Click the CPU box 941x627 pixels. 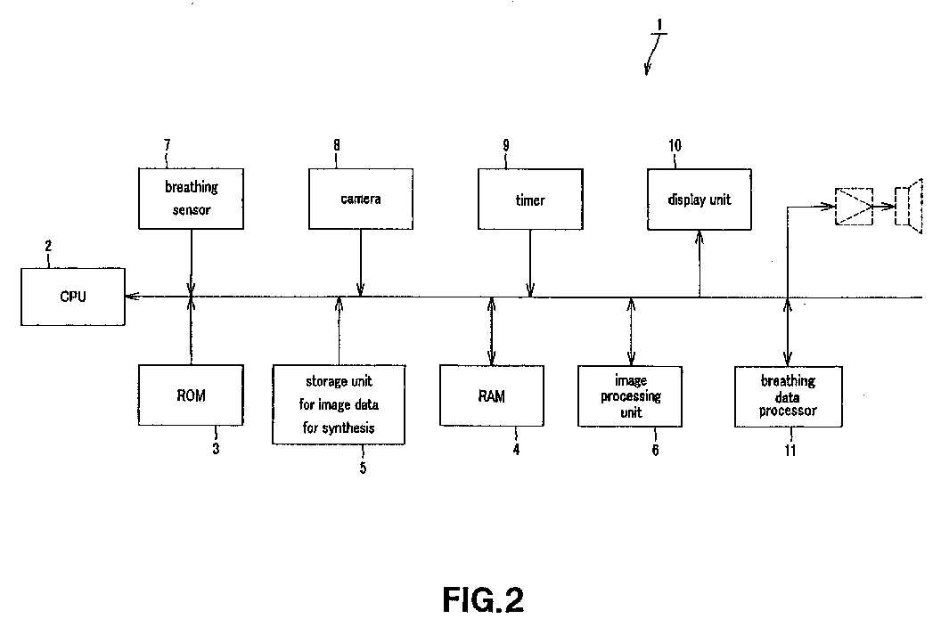73,297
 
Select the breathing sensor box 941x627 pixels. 191,199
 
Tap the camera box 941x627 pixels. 361,199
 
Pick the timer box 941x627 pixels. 530,199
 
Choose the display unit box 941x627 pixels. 700,199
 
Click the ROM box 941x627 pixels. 191,395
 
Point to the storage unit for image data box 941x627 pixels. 339,404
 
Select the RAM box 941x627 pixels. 492,396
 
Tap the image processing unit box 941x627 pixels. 630,396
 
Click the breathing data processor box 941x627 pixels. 789,396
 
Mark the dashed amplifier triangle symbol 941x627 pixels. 854,207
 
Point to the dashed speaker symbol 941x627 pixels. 908,207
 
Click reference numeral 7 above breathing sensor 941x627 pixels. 168,145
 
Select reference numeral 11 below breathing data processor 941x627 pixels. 790,451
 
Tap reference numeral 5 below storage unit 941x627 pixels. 363,468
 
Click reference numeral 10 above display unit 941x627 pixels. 675,146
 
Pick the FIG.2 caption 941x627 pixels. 483,600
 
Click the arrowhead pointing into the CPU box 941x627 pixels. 132,297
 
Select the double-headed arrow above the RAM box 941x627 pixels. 492,331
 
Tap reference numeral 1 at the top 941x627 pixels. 659,25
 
